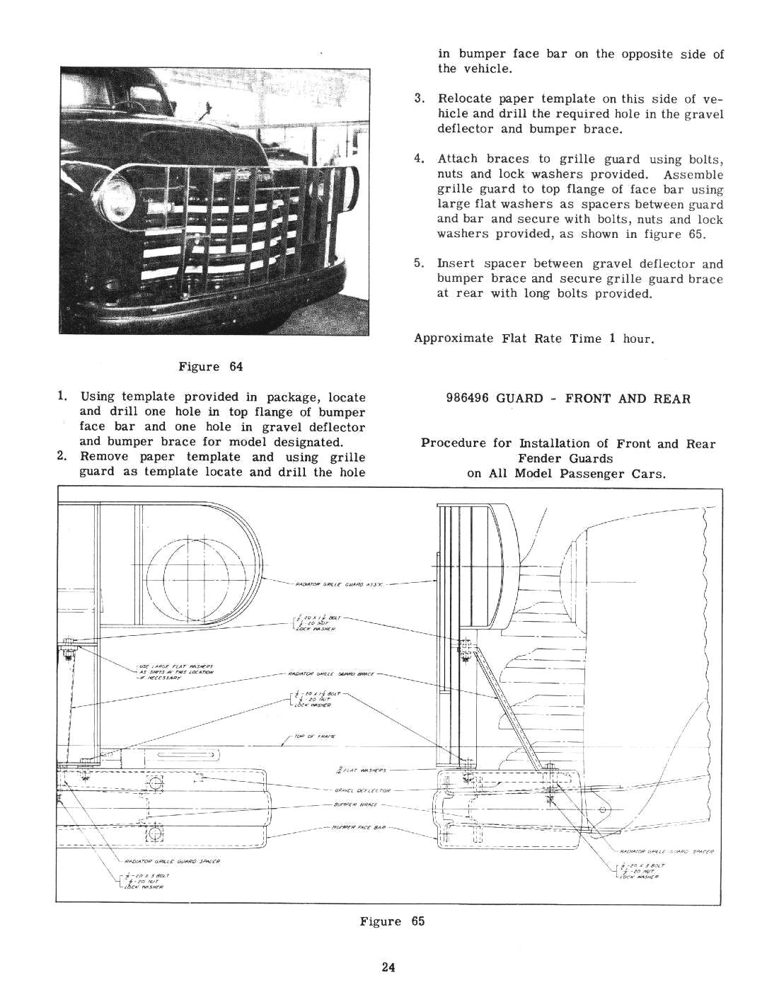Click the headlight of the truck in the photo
coord(119,190)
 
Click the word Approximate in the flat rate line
coord(454,338)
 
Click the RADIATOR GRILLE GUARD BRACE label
coord(331,673)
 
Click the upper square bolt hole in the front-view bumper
coord(152,783)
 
